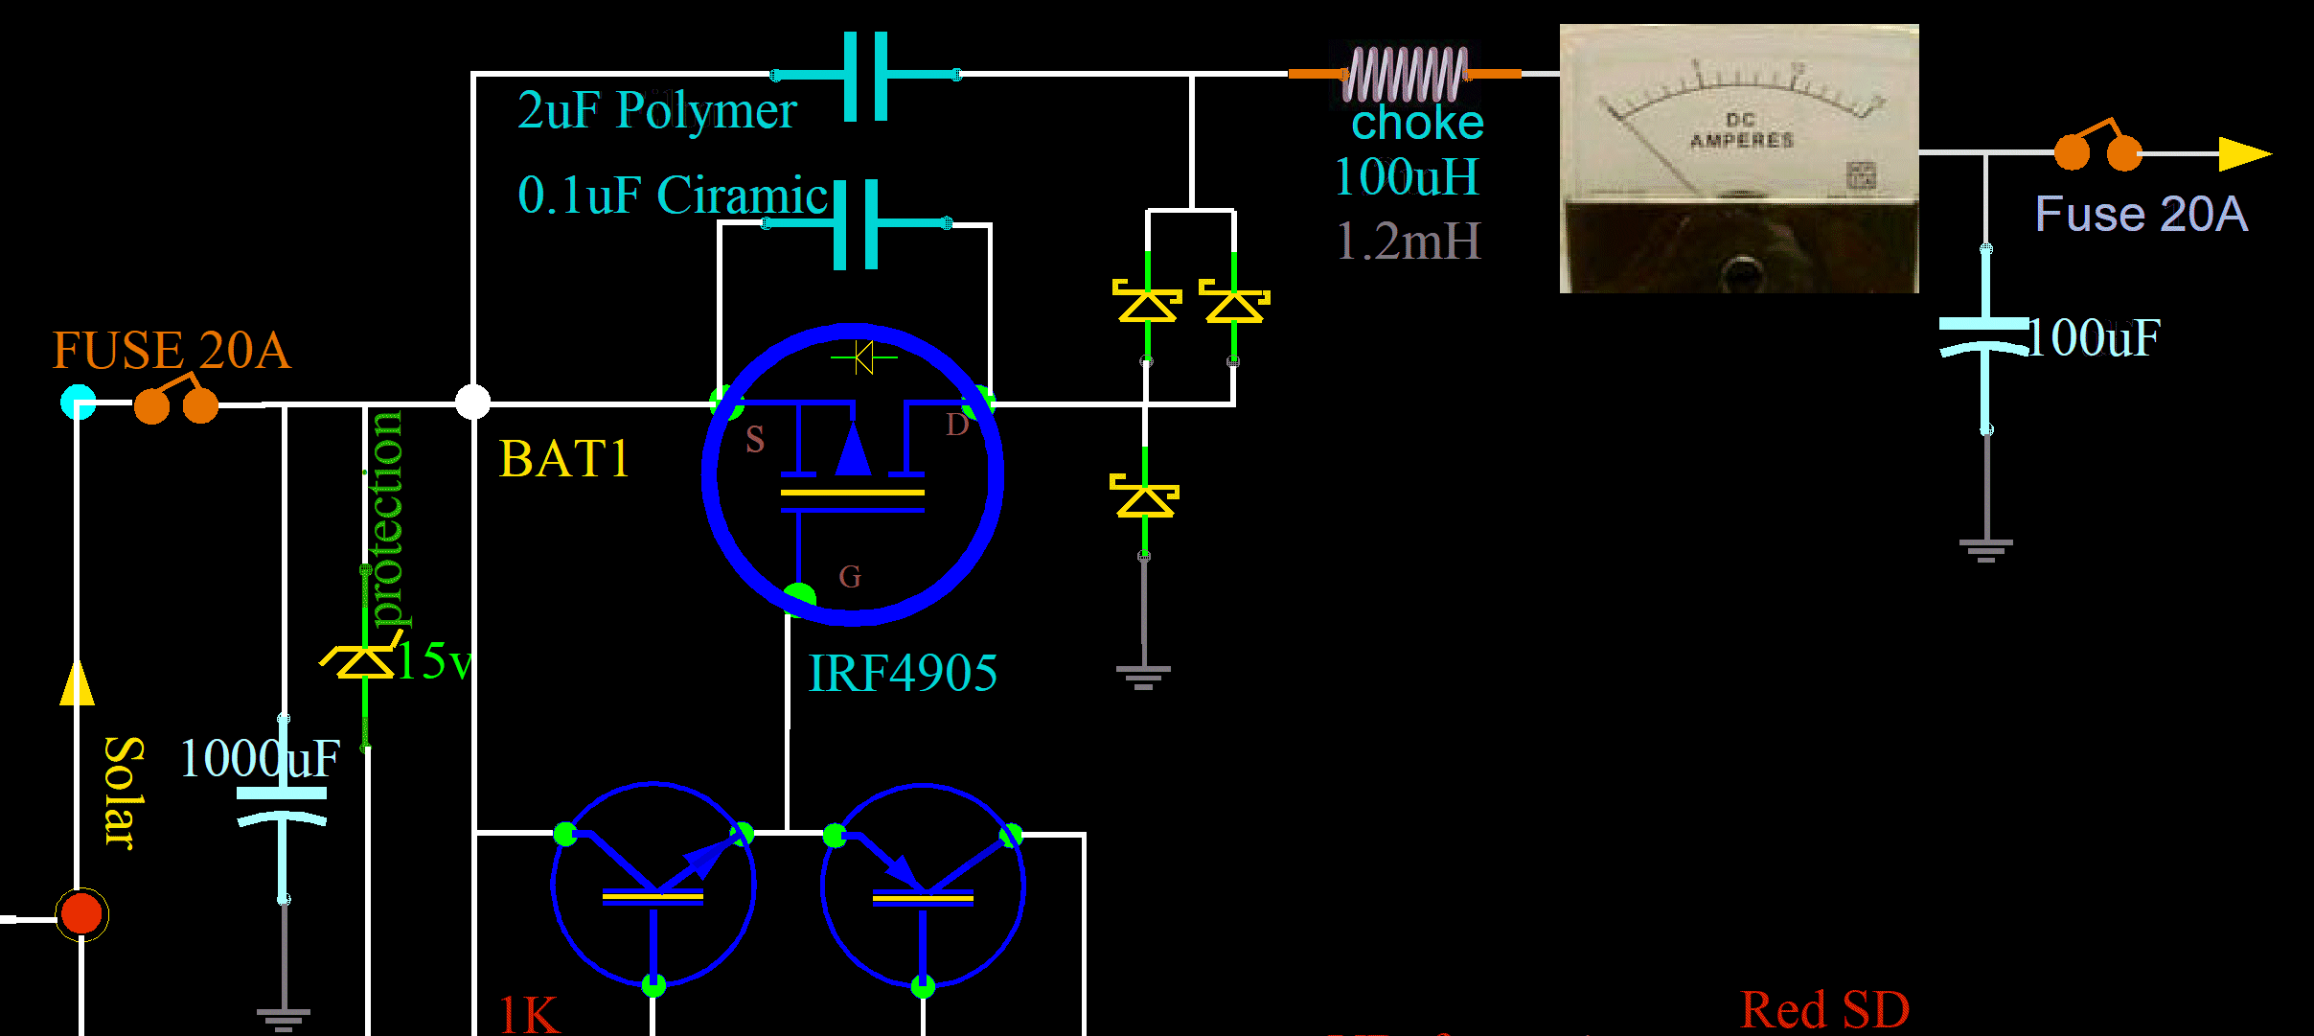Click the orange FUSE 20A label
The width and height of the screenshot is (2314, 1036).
[171, 350]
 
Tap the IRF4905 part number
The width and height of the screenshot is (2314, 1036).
[903, 673]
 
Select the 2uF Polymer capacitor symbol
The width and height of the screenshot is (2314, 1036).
[866, 76]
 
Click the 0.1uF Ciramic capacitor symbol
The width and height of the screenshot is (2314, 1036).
[856, 224]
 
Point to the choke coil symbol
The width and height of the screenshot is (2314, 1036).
[1405, 74]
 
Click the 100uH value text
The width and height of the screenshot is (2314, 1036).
[1407, 177]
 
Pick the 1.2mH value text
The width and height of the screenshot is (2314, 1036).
[1409, 241]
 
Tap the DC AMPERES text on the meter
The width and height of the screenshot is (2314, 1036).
[1741, 130]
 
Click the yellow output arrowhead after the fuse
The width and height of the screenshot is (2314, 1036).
[2244, 153]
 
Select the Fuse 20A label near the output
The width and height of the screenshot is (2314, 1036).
[2141, 214]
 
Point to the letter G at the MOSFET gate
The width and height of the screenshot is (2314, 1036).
[850, 576]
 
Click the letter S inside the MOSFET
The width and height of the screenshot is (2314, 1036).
[755, 440]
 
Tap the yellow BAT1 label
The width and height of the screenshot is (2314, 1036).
[563, 459]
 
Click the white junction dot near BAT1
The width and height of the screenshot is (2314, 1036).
[472, 402]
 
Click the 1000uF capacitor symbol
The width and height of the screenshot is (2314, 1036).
[282, 805]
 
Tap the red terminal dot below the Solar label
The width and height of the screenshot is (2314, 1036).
[81, 913]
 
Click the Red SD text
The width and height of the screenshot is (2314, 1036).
[1824, 1009]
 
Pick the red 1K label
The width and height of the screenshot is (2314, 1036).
[529, 1014]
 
